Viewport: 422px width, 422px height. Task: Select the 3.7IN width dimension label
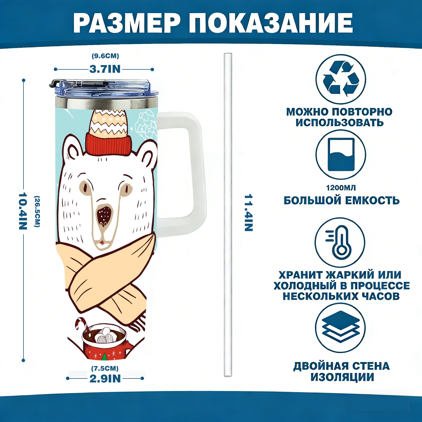[105, 69]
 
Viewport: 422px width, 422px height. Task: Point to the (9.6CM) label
[105, 56]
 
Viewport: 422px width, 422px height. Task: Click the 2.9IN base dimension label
[105, 378]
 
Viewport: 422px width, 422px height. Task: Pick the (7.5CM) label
[105, 368]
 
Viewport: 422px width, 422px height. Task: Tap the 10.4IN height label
[23, 211]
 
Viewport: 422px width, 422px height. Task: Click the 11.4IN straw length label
[248, 213]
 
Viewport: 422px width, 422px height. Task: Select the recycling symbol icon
[341, 79]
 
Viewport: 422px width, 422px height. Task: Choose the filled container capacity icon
[341, 155]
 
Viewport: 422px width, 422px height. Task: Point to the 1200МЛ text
[341, 188]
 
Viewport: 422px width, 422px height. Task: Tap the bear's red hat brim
[108, 145]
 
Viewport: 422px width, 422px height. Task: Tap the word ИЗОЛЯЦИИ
[342, 377]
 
